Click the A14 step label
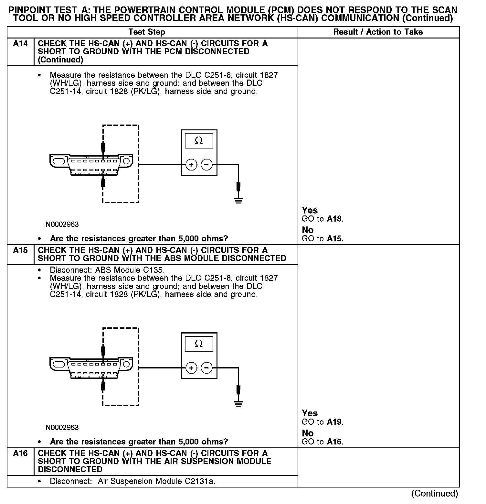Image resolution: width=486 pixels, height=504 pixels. [20, 44]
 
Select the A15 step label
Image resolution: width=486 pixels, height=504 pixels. [20, 250]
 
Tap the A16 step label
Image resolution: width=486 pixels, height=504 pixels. [20, 453]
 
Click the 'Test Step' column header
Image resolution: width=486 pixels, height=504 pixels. [147, 32]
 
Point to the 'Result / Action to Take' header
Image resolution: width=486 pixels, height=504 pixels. [378, 32]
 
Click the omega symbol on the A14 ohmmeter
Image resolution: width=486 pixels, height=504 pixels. [199, 141]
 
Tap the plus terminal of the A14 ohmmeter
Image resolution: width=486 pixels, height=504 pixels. [191, 165]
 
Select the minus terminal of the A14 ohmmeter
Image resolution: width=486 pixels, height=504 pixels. [206, 165]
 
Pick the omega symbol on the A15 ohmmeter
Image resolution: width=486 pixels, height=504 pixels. [199, 344]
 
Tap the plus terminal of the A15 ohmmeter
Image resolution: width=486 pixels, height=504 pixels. [191, 368]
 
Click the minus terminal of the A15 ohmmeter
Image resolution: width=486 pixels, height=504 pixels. [206, 368]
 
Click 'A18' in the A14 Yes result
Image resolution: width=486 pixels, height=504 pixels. [334, 219]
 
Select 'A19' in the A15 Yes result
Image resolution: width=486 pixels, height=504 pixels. [334, 422]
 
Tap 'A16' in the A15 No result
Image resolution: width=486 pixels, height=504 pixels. [334, 442]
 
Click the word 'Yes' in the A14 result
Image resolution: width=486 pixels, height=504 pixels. [310, 210]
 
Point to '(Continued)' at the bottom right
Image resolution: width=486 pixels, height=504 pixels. [435, 493]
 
